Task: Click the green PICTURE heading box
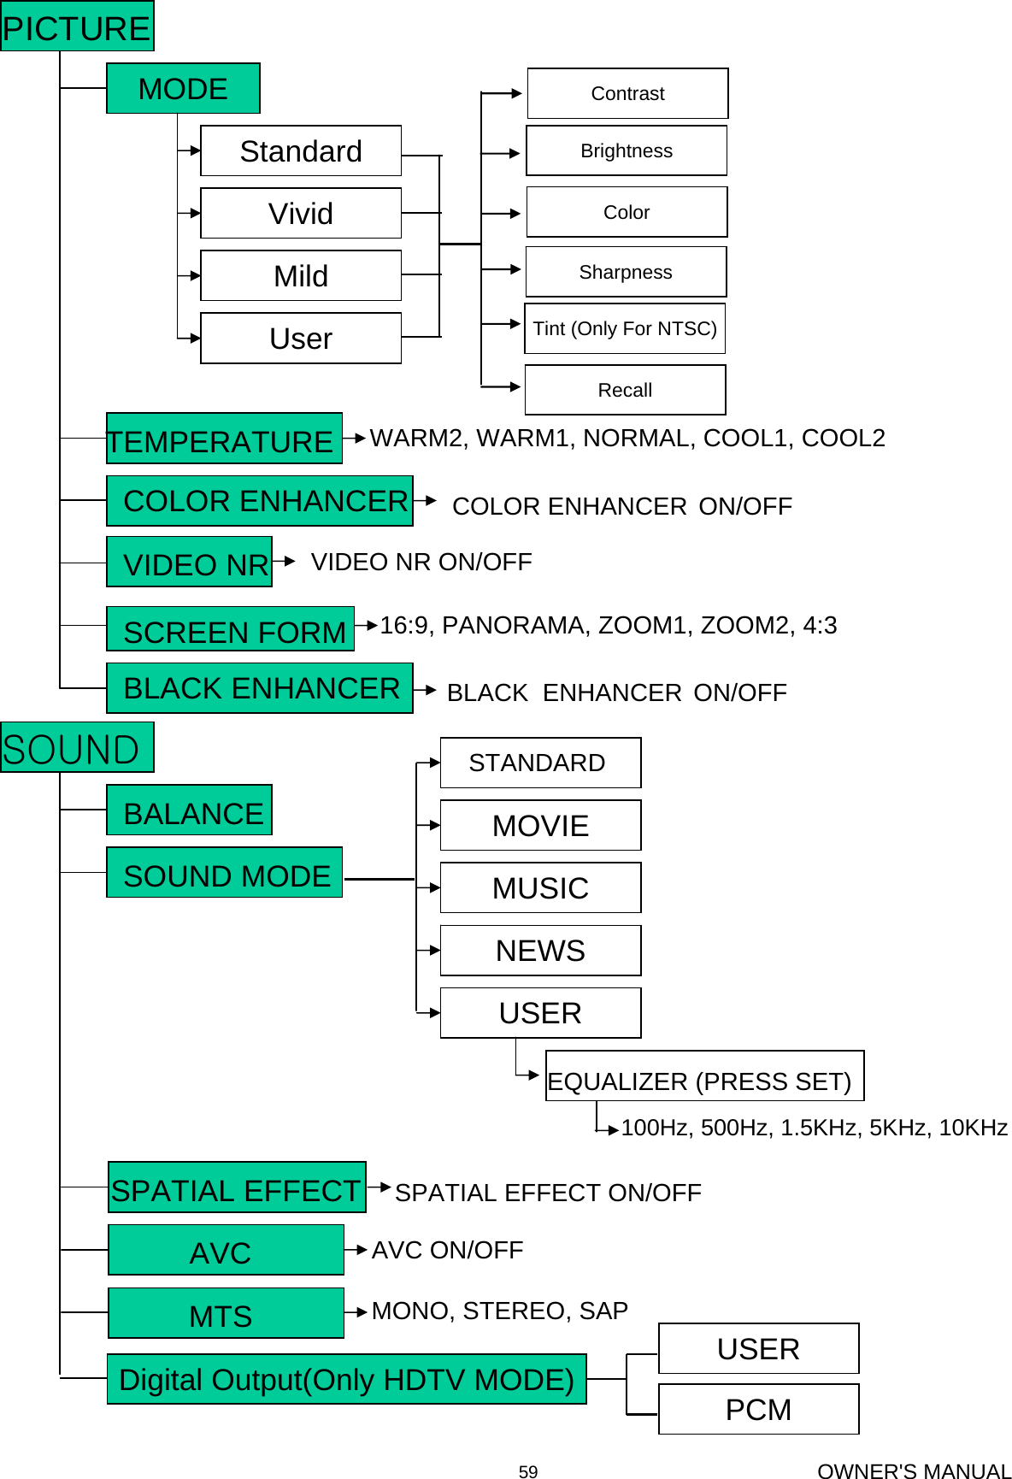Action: pos(77,27)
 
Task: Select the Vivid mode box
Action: pos(301,213)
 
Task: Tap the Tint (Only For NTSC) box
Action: pos(625,328)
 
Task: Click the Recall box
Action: pos(625,390)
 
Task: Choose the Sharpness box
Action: pos(626,272)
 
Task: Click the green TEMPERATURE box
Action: pos(224,439)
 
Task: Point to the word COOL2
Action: pos(843,438)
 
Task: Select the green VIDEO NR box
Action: pos(189,563)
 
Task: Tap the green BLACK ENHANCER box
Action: pos(260,688)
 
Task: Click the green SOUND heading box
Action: pos(77,748)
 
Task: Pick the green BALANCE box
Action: pos(189,811)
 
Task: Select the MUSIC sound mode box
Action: pos(540,888)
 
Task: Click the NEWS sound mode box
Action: pos(540,951)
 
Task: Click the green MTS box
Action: pos(226,1314)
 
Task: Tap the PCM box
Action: pos(758,1410)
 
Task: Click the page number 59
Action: pos(528,1471)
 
